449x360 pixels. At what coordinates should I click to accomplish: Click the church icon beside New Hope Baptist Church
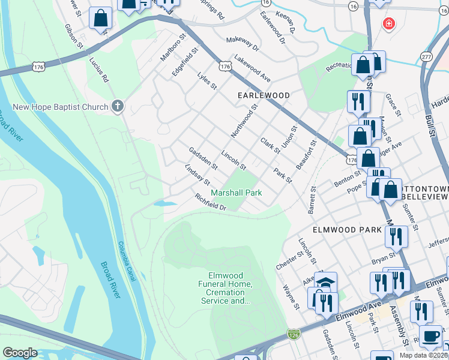pyautogui.click(x=118, y=107)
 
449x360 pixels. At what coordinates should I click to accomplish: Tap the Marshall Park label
pyautogui.click(x=236, y=193)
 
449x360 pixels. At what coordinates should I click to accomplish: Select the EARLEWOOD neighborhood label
pyautogui.click(x=264, y=95)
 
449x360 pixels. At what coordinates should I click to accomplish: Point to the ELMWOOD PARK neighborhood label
pyautogui.click(x=347, y=230)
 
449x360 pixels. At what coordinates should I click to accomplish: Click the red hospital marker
pyautogui.click(x=389, y=24)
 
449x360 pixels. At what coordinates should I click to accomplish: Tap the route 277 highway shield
pyautogui.click(x=426, y=56)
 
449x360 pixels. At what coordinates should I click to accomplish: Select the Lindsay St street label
pyautogui.click(x=197, y=175)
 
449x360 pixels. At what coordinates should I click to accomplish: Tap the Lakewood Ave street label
pyautogui.click(x=252, y=69)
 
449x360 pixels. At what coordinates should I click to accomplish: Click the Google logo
pyautogui.click(x=20, y=353)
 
